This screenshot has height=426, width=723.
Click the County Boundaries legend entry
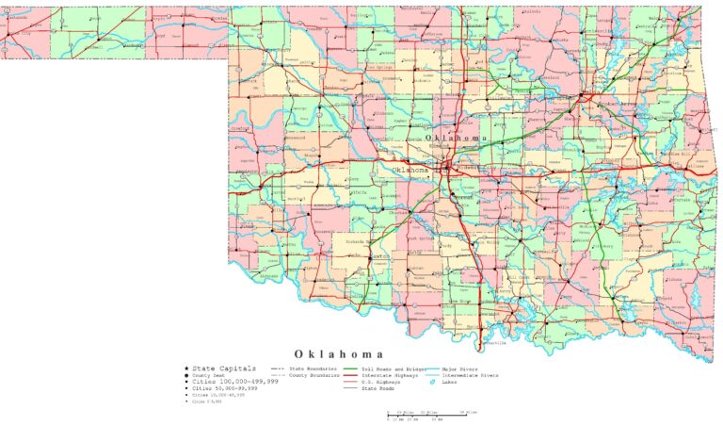click(x=312, y=374)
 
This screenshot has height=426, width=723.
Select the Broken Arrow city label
click(x=602, y=106)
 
